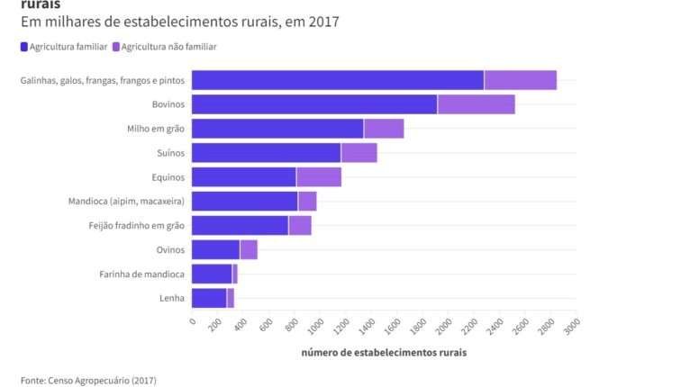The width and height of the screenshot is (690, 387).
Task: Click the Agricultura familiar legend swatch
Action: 23,47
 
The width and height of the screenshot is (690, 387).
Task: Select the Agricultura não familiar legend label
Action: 169,47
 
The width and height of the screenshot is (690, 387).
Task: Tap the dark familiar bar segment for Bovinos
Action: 314,104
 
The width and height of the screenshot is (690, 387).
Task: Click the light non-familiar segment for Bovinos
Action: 476,104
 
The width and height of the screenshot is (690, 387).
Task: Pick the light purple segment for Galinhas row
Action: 520,80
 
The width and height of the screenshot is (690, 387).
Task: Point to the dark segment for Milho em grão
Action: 277,129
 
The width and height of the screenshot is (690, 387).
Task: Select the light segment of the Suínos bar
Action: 359,153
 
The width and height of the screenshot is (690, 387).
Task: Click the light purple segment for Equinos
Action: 319,177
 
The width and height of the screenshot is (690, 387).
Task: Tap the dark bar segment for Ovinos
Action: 216,250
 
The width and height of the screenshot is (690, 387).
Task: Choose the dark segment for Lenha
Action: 209,298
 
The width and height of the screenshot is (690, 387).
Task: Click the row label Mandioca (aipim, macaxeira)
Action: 126,202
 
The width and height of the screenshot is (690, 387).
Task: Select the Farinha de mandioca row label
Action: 141,274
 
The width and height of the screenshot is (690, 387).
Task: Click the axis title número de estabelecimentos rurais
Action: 384,352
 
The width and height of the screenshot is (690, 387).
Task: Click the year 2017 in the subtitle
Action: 323,21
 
